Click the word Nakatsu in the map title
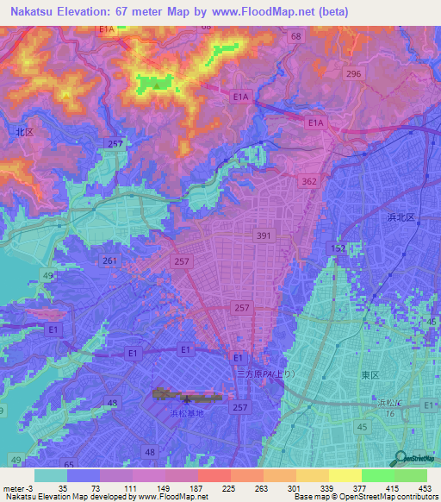33,12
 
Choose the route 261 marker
109,260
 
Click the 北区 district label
24,132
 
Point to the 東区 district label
370,375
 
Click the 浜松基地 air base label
184,414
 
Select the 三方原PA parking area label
266,373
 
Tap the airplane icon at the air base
187,398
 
